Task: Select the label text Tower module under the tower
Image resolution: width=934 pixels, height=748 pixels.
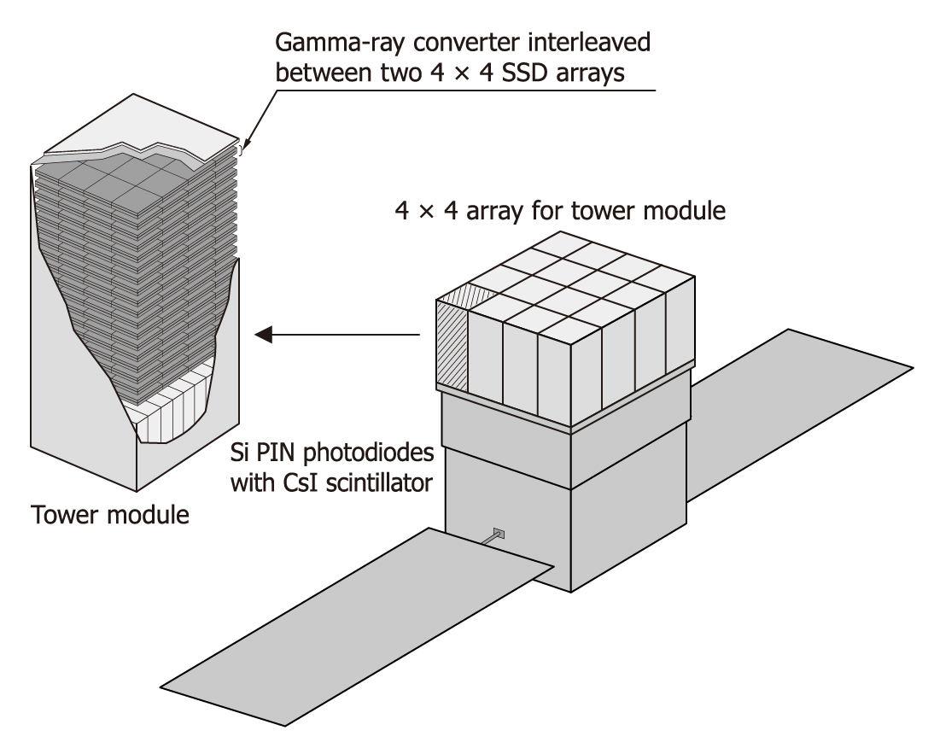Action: (x=109, y=515)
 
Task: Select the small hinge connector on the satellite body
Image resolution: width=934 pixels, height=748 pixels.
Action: (x=499, y=535)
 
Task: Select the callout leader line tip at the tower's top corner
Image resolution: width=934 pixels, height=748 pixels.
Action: (x=243, y=149)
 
